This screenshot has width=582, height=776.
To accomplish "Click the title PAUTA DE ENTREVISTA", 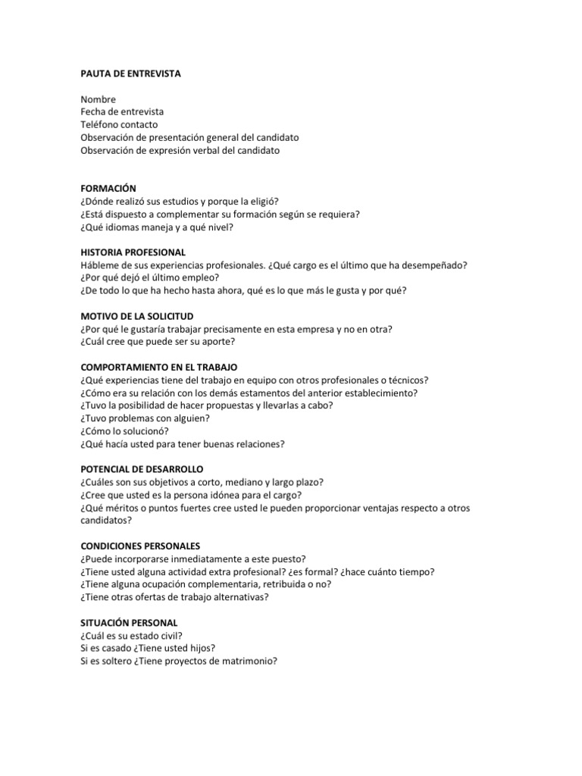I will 131,74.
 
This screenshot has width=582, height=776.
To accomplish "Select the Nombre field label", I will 98,99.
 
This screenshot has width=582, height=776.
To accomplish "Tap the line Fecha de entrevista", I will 122,112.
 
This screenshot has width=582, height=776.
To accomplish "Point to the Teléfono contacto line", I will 120,124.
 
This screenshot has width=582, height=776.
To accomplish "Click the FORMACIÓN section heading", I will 108,188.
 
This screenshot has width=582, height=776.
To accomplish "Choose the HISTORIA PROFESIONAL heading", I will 133,252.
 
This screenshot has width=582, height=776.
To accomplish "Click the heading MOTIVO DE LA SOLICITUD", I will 137,315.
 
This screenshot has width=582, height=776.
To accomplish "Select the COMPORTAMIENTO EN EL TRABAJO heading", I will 159,367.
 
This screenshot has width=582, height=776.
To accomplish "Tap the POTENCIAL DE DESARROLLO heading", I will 142,469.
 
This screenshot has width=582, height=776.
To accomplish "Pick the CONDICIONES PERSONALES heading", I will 141,546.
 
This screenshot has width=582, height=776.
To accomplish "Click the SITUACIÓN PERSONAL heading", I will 129,622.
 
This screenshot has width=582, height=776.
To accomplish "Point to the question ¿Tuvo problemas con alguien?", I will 145,418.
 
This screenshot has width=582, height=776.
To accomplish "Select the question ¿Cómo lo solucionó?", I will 129,431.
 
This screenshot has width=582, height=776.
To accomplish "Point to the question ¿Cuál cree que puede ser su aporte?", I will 164,341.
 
